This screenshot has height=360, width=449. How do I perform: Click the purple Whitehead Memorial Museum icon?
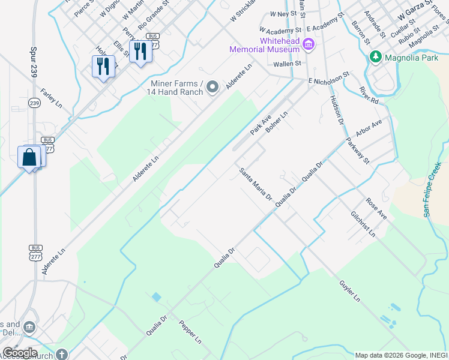pyautogui.click(x=309, y=43)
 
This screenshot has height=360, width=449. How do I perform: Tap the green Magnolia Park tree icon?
pyautogui.click(x=376, y=57)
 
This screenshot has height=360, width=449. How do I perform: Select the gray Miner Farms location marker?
pyautogui.click(x=212, y=88)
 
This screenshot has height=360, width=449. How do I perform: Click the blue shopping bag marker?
pyautogui.click(x=29, y=157)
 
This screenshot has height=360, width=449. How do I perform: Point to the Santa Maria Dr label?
pyautogui.click(x=256, y=184)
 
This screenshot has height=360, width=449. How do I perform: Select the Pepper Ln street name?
pyautogui.click(x=190, y=332)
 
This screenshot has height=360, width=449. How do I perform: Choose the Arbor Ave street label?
pyautogui.click(x=369, y=130)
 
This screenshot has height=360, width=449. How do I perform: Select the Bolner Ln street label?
pyautogui.click(x=277, y=123)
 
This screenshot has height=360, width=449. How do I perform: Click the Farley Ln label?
pyautogui.click(x=52, y=98)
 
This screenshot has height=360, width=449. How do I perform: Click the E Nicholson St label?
pyautogui.click(x=328, y=79)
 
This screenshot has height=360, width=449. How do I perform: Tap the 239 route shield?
pyautogui.click(x=34, y=103)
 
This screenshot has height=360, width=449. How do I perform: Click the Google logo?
pyautogui.click(x=20, y=352)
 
